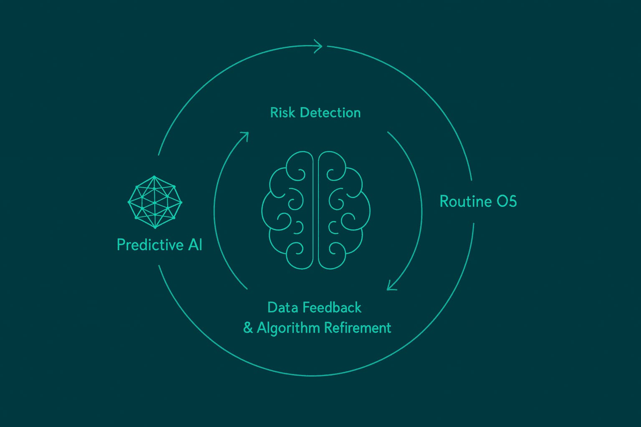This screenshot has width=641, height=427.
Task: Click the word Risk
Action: (x=283, y=113)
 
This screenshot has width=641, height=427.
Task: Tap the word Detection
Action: (x=330, y=113)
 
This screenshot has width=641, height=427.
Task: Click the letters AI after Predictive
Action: (x=195, y=245)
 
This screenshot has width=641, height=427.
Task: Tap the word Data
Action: (x=283, y=308)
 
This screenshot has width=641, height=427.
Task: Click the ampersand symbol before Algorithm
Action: (x=248, y=328)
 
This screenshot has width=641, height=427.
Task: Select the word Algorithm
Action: (x=288, y=328)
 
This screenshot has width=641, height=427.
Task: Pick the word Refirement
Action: (x=358, y=328)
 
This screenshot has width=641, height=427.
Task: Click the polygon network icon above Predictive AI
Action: (x=155, y=202)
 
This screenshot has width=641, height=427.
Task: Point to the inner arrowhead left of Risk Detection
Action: (x=245, y=136)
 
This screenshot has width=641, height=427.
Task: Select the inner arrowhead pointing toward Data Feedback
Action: (x=391, y=285)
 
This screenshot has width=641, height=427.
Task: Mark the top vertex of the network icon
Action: (x=154, y=177)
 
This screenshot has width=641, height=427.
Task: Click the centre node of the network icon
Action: (x=155, y=203)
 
